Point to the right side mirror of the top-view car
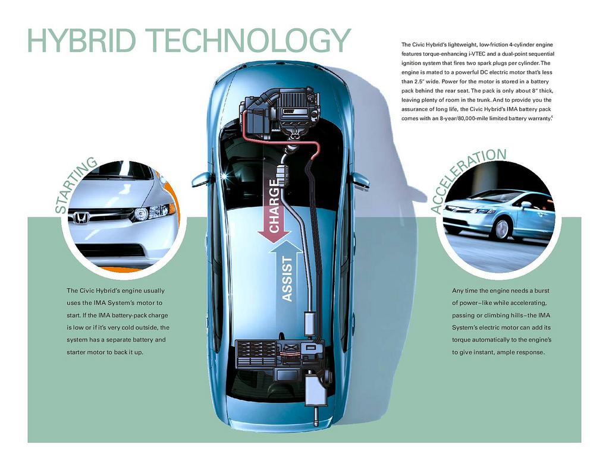[x=360, y=180]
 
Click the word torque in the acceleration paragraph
[x=462, y=339]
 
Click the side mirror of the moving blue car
[x=526, y=204]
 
